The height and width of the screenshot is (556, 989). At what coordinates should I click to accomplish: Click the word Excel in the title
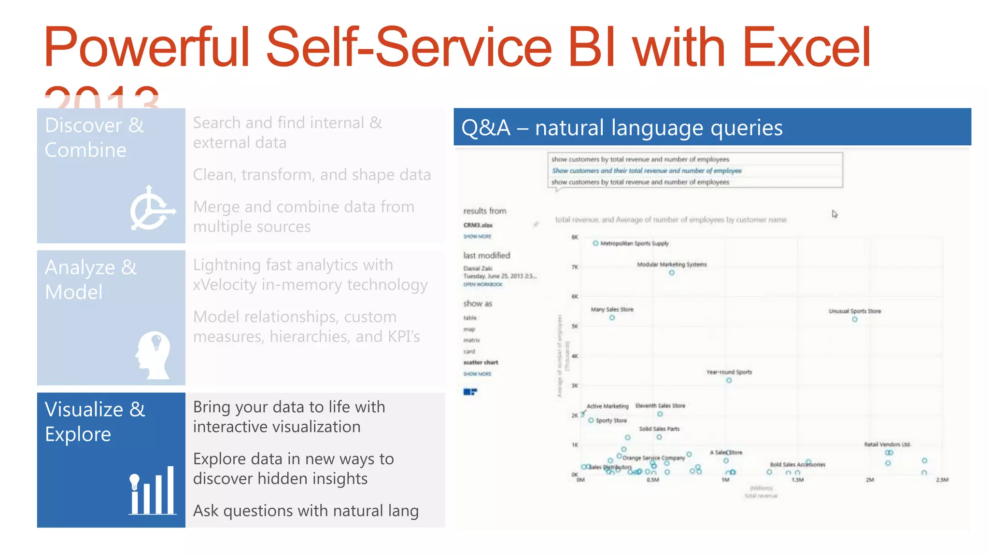[806, 47]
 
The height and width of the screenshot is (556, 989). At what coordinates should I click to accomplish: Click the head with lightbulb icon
[153, 355]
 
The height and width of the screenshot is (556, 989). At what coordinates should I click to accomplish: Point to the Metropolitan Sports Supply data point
[595, 243]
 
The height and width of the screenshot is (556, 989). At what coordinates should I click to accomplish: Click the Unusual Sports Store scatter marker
[854, 319]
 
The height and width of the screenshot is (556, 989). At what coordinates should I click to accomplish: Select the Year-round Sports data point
[729, 380]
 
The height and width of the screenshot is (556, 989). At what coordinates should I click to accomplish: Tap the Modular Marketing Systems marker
[671, 273]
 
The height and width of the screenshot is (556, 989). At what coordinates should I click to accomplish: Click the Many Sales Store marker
[612, 318]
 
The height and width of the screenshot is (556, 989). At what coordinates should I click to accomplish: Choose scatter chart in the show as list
[480, 362]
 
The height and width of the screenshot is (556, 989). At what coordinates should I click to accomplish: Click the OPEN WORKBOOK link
[482, 284]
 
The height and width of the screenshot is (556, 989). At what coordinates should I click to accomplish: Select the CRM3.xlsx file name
[478, 225]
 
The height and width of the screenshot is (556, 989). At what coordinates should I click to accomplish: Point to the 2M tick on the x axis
[869, 480]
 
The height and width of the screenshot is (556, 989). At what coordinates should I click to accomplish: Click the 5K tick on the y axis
[575, 326]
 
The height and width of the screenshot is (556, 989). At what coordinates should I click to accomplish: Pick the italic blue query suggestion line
[646, 170]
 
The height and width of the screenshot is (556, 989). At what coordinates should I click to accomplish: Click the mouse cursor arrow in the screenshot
[834, 214]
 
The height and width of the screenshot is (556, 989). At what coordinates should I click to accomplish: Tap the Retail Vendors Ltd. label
[887, 444]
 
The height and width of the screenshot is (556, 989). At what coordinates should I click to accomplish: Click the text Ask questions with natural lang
[306, 511]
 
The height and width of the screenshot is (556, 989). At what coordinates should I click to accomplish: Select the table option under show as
[470, 318]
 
